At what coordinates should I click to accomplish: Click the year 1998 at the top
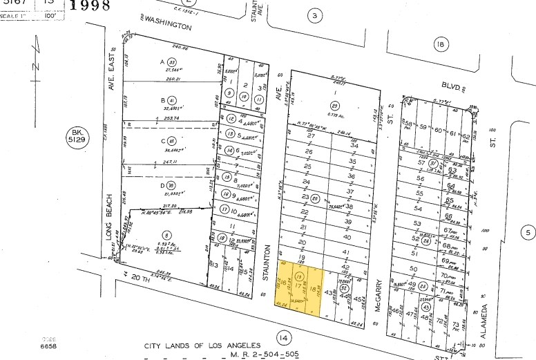coord(90,6)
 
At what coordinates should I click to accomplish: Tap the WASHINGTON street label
coord(165,26)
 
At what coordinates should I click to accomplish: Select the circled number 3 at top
coord(315,16)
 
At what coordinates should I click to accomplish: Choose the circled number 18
coord(440,46)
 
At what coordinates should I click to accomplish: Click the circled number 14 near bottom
coord(282,337)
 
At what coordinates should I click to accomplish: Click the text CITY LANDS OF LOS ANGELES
coord(202,345)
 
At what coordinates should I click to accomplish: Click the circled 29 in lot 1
coord(334,104)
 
